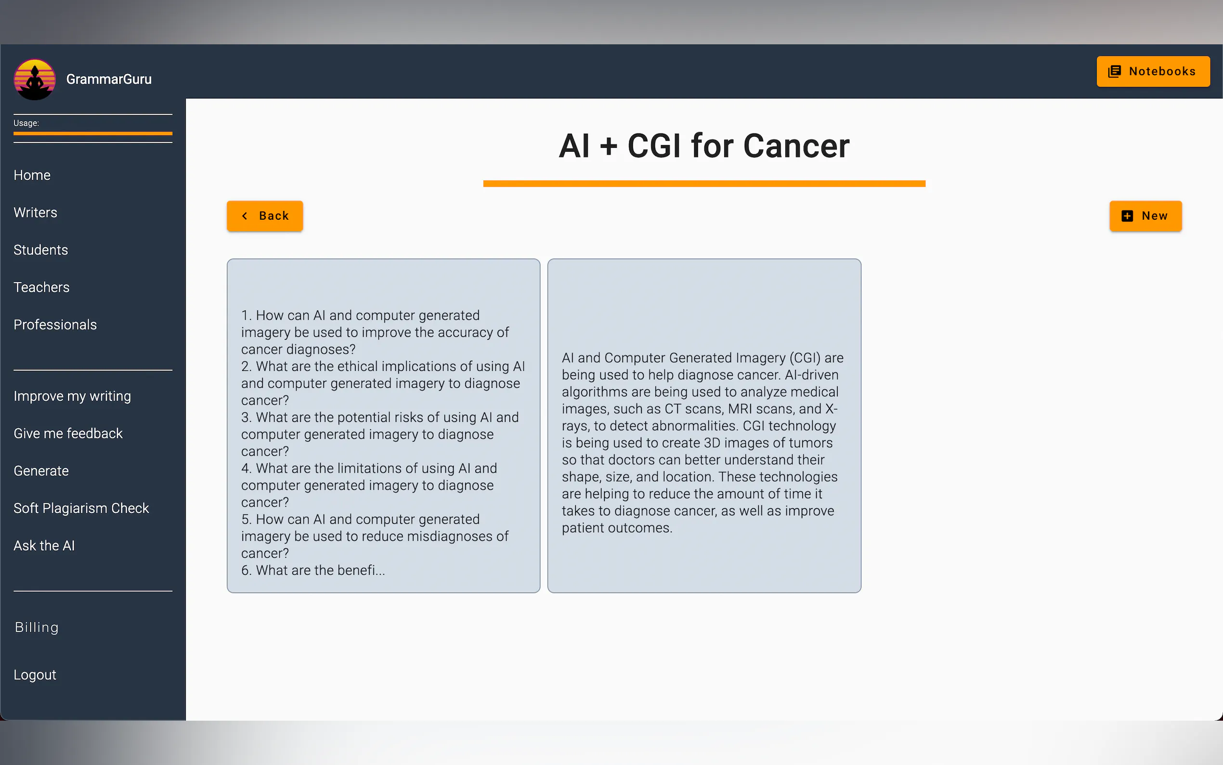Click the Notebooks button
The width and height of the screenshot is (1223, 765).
(1153, 71)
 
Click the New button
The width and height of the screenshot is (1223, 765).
(1145, 216)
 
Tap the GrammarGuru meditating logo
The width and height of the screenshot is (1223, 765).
(34, 79)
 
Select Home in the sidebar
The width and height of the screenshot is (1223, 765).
(32, 175)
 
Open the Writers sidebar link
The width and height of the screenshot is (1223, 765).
(36, 212)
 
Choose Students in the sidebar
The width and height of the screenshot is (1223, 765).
(40, 250)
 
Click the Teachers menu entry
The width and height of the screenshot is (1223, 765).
(41, 288)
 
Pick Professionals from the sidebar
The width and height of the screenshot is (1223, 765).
(55, 325)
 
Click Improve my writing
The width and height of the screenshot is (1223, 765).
(72, 396)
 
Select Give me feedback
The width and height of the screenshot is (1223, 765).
(68, 434)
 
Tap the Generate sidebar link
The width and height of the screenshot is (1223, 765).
(41, 471)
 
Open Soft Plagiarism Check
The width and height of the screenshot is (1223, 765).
(81, 509)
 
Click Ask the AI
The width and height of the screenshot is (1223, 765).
(44, 546)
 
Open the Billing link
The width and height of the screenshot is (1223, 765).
(37, 627)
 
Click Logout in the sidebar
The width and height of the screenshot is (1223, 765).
(35, 675)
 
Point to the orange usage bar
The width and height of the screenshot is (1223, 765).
(93, 133)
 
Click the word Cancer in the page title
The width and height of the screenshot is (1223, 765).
(796, 146)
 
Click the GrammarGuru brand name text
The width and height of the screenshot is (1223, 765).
(109, 79)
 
